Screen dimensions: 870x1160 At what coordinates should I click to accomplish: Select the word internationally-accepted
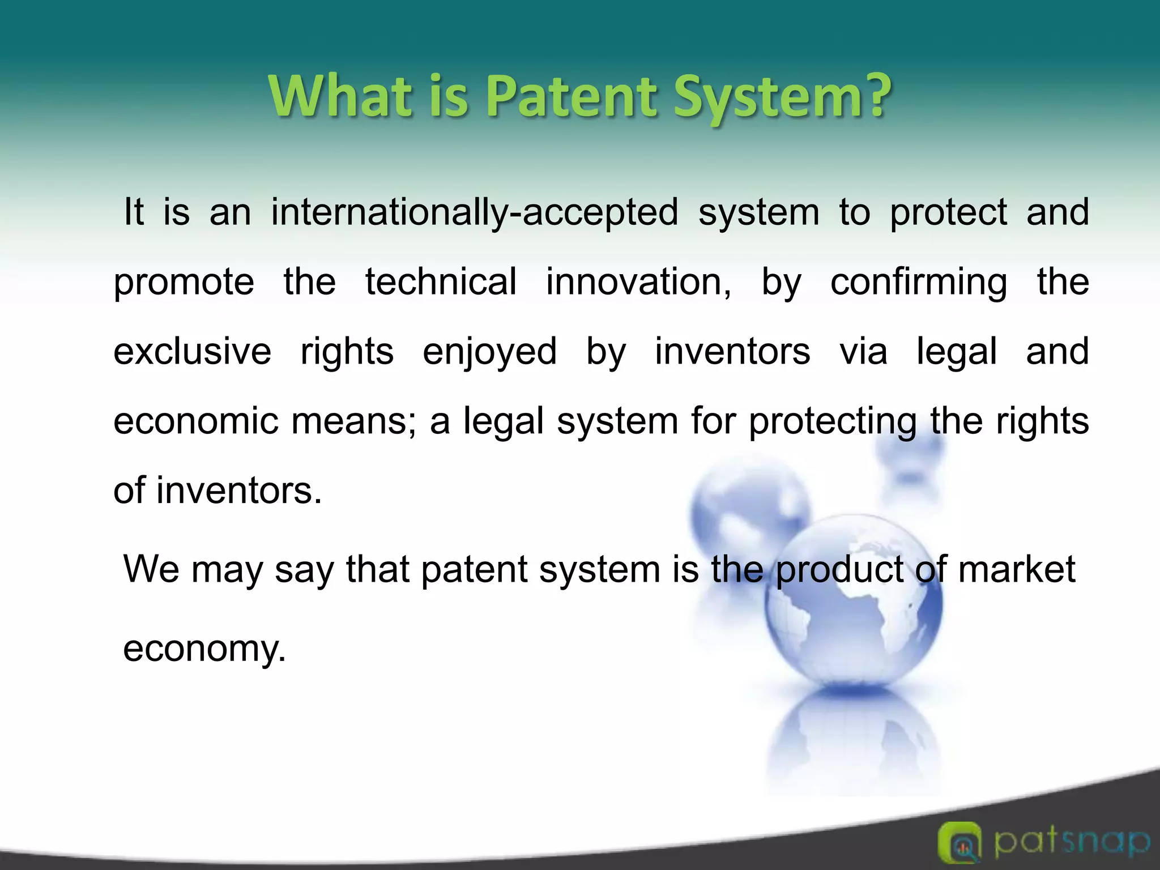pos(475,212)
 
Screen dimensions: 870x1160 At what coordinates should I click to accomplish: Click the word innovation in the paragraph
pos(638,282)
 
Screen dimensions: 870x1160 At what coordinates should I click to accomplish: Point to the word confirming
pos(919,283)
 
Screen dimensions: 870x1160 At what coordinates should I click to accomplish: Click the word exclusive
pos(192,351)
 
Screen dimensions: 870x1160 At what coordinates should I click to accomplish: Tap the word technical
pos(441,282)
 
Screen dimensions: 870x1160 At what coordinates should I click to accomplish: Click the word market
pos(1017,569)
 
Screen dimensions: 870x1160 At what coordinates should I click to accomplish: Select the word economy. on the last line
pos(204,648)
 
